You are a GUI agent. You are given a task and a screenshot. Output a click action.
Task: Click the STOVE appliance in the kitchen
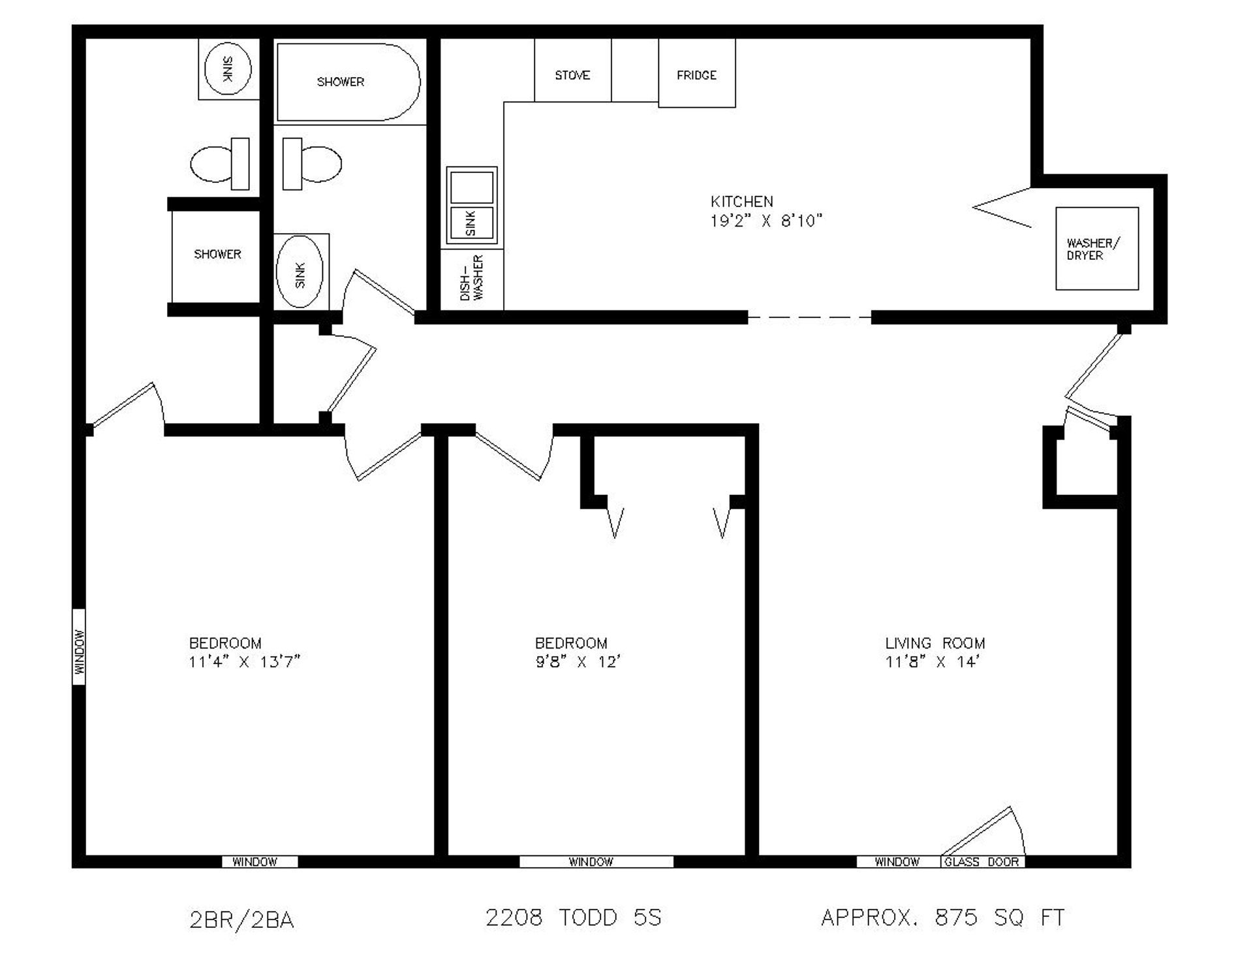[572, 70]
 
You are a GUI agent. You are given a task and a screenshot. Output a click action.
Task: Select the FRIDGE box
[697, 72]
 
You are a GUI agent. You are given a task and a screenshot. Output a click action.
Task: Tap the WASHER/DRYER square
[1097, 249]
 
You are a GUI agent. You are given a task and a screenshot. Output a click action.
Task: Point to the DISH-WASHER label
[472, 278]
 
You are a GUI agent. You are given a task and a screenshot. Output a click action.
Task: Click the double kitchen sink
[472, 204]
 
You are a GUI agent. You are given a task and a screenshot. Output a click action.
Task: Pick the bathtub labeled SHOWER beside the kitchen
[348, 82]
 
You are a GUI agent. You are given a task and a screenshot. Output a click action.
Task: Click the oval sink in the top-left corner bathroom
[228, 68]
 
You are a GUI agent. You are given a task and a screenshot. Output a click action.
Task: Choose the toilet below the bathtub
[312, 164]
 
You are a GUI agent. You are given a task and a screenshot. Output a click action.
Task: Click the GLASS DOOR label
[982, 862]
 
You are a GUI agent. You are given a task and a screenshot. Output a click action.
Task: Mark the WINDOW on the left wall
[78, 647]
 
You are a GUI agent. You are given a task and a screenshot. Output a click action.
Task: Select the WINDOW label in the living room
[897, 862]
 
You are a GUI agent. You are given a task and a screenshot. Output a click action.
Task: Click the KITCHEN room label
[742, 201]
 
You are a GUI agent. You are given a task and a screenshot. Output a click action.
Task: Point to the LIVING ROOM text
[935, 643]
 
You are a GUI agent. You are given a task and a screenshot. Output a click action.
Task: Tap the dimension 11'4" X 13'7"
[245, 662]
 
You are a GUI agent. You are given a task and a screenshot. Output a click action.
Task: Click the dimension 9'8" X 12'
[578, 662]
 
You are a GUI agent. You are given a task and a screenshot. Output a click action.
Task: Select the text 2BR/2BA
[242, 920]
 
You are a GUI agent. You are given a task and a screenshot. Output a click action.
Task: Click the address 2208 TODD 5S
[574, 917]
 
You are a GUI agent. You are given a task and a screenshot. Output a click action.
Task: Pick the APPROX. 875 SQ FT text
[943, 917]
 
